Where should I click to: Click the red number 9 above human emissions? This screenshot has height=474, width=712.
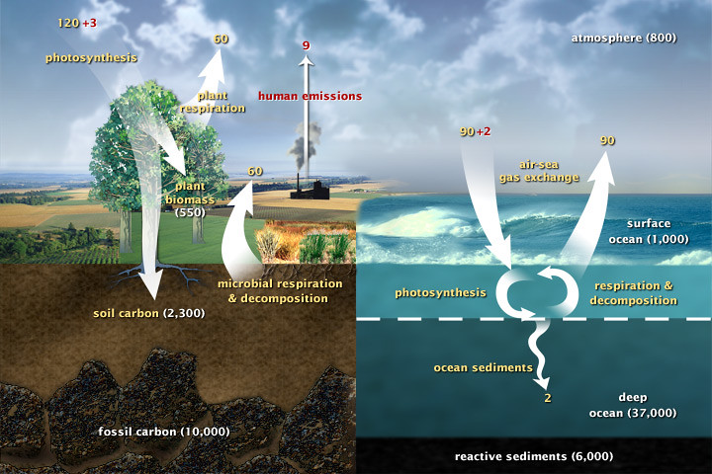tap(307, 45)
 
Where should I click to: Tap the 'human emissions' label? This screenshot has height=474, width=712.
tap(310, 96)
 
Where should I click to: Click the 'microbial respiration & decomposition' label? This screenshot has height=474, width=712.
tap(280, 290)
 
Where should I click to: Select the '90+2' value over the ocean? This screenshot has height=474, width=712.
tap(478, 132)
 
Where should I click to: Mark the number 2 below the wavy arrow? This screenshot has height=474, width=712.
tap(547, 399)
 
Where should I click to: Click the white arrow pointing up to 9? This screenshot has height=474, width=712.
tap(307, 118)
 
